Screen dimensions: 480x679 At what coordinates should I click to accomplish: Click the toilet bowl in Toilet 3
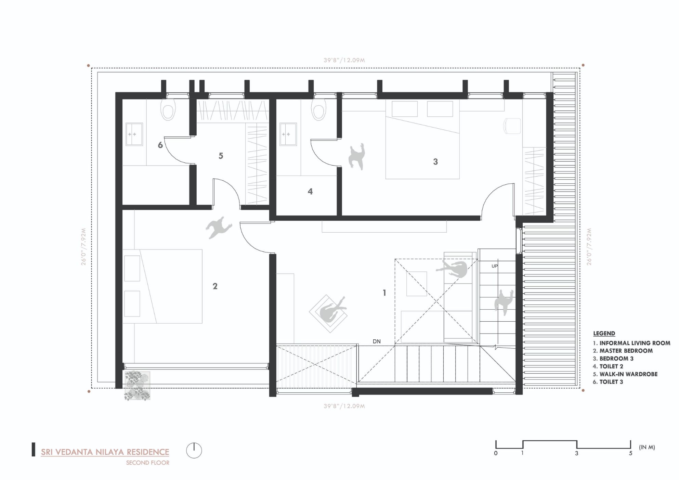coord(168,110)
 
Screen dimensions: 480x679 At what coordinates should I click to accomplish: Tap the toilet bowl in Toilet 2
coord(318,110)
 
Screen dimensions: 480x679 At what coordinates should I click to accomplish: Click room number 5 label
coord(221,156)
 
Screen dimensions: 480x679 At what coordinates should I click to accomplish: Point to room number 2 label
coord(215,286)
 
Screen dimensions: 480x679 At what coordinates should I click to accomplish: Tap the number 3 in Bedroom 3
coord(435,161)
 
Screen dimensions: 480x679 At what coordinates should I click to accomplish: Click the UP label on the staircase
coord(495,266)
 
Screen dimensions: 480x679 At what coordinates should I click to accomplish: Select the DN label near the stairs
coord(376,341)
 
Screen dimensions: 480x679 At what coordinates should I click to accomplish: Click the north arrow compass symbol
coord(194,451)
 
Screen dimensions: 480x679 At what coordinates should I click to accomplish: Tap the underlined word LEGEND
coord(604,333)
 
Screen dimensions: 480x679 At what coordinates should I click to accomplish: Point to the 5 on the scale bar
coord(630,454)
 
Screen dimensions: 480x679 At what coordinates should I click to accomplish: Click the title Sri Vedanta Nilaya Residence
coord(105,452)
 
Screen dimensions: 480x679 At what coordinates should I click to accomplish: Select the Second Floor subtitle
coord(147,463)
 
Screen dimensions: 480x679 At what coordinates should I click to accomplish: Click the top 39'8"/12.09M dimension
coord(344,60)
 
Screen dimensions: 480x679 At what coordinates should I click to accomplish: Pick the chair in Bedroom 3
coord(512,126)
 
